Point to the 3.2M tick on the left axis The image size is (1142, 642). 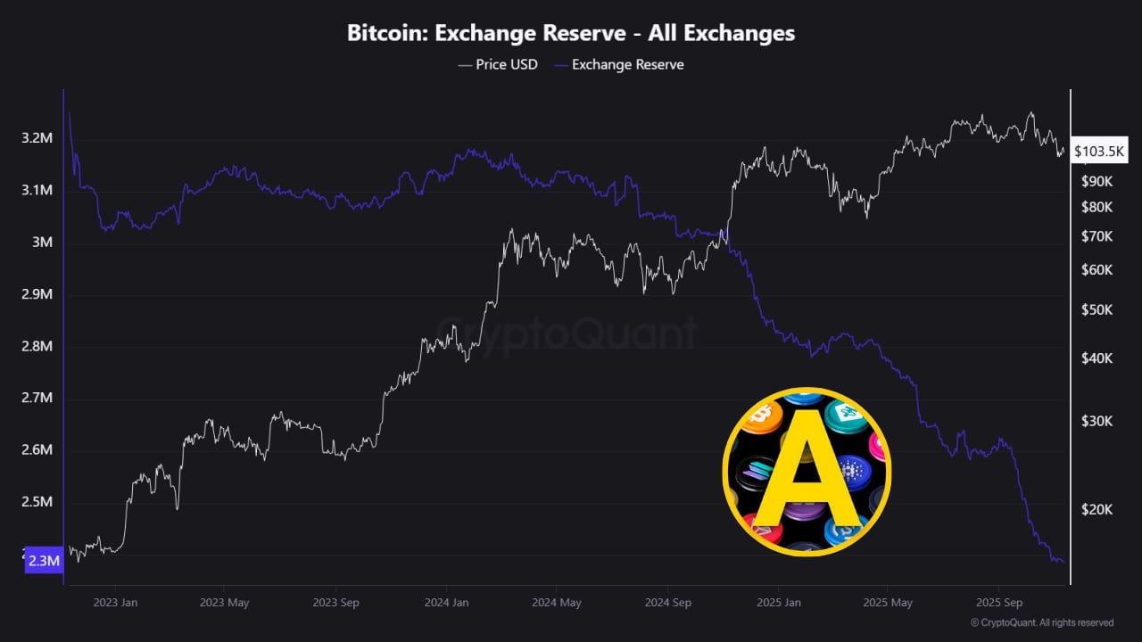coord(37,138)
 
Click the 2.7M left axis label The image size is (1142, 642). coord(37,398)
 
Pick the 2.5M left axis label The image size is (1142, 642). coord(37,502)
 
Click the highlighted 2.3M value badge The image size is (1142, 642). coord(43,561)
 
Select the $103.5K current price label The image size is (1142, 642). coord(1099,152)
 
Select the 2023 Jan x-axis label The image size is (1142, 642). coord(115,602)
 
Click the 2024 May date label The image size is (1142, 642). coord(557,602)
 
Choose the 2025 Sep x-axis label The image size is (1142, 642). coord(1000,602)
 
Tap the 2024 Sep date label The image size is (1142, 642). coord(668,602)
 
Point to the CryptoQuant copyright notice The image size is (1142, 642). coord(1041,622)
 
